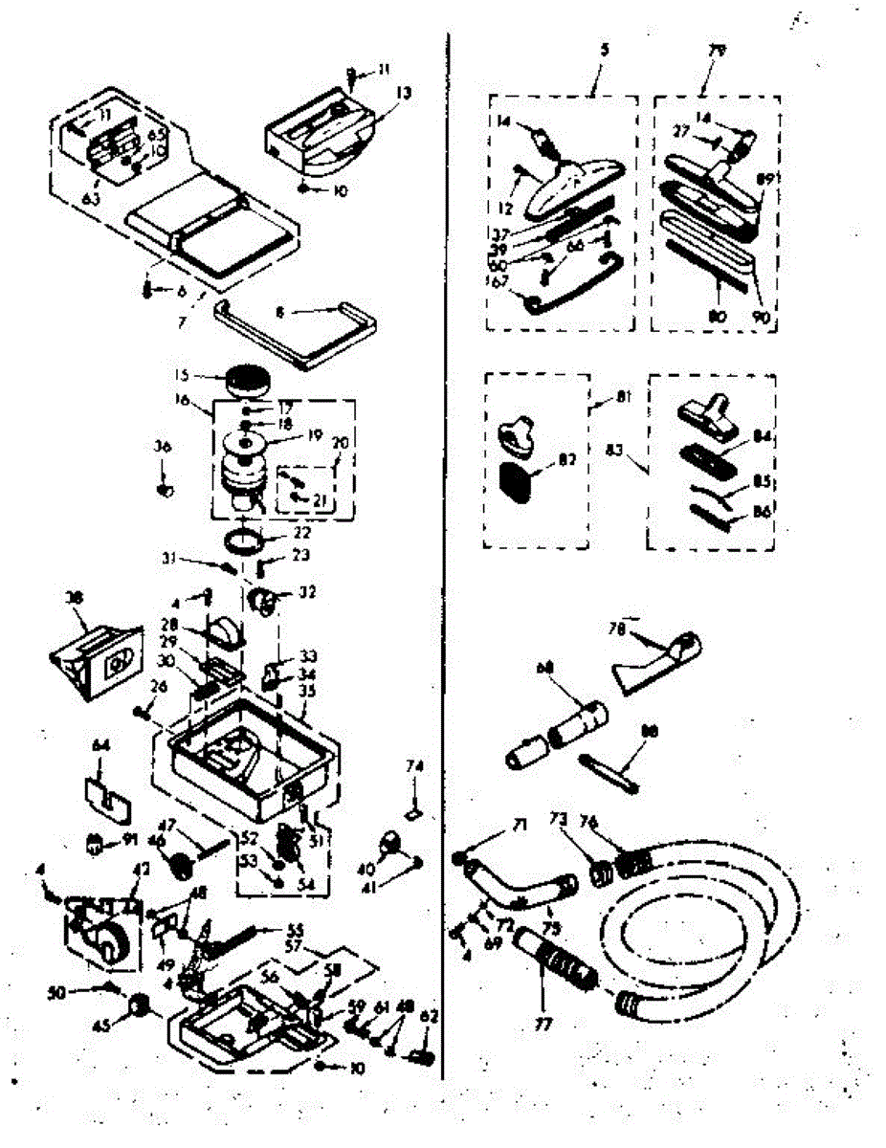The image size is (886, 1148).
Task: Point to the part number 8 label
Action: [x=280, y=311]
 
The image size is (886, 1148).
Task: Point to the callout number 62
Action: [x=429, y=1017]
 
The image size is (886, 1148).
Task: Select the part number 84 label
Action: [x=762, y=438]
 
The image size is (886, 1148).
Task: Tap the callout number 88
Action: [x=650, y=730]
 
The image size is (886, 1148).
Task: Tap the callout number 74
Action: [x=413, y=765]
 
